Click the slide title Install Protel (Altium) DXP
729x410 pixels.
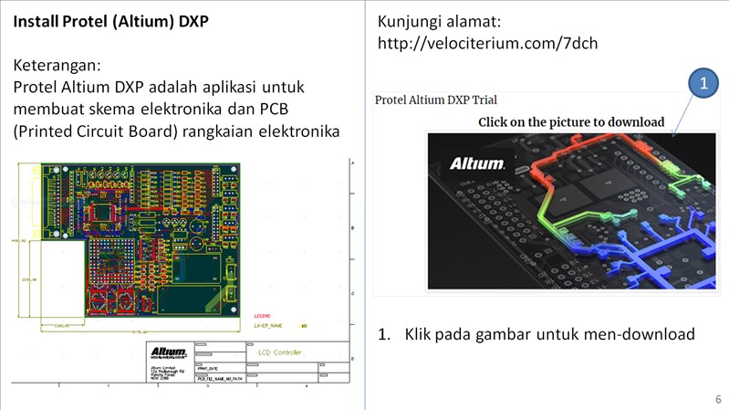point(111,21)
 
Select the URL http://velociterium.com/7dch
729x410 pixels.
point(487,43)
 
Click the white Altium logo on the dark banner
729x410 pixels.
point(476,163)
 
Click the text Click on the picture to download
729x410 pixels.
point(571,121)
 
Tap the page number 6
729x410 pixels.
point(717,400)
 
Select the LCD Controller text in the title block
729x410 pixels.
point(281,352)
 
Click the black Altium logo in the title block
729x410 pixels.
point(169,352)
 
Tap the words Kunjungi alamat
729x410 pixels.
point(438,21)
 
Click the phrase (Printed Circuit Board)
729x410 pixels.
point(96,131)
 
